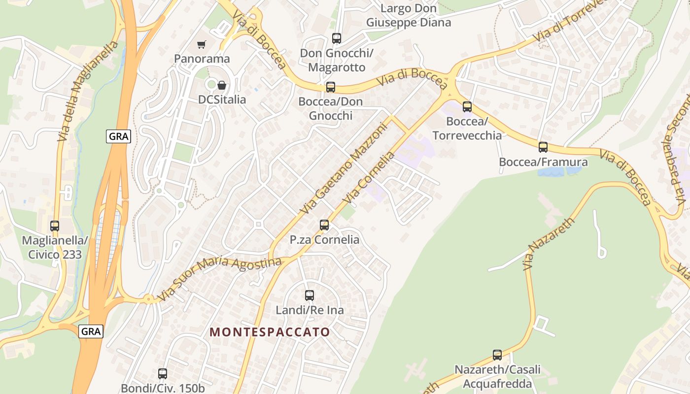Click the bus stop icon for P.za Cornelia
[324, 225]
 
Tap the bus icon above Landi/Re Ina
[310, 295]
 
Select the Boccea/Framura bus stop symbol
[543, 147]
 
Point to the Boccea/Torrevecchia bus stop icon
[467, 106]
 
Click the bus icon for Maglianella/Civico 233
[55, 226]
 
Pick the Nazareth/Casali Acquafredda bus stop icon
[497, 355]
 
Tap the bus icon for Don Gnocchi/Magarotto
[337, 38]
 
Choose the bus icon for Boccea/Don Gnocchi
[331, 87]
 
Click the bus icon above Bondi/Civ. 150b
[163, 374]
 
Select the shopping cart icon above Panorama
[201, 45]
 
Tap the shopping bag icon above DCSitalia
[222, 85]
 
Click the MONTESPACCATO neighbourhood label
[270, 332]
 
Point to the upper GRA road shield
[119, 136]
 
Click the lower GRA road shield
[91, 331]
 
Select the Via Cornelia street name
[370, 178]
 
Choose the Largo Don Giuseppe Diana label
[409, 15]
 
